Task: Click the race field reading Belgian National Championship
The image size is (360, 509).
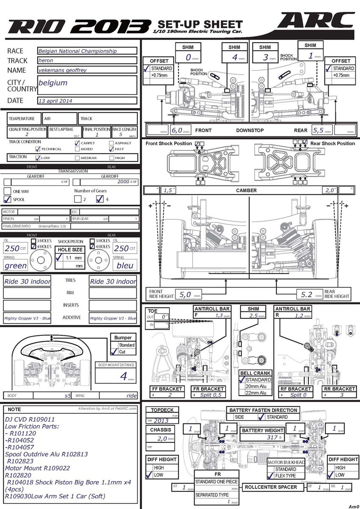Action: (87, 51)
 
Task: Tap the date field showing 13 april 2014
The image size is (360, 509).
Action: (87, 101)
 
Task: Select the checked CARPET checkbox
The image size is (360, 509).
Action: (77, 143)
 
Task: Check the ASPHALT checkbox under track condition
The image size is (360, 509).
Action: (111, 143)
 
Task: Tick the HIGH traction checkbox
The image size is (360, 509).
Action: (111, 158)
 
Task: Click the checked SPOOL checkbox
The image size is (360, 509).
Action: (7, 199)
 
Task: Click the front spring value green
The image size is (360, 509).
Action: (16, 266)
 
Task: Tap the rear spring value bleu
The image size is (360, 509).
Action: (125, 266)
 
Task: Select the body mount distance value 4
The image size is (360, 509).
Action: (124, 376)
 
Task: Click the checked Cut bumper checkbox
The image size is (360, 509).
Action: (113, 352)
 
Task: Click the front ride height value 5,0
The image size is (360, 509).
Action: (185, 295)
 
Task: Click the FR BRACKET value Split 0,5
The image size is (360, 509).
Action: (208, 395)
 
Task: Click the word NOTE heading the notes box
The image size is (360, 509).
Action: (14, 409)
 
